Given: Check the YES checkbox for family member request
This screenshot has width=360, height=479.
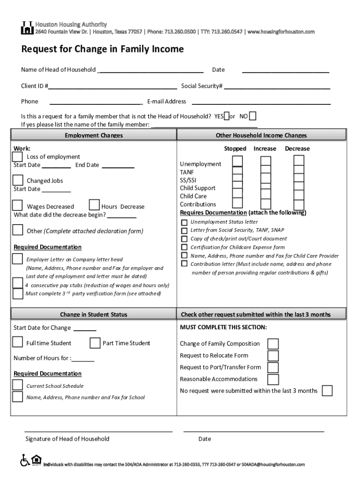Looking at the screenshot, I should point(227,116).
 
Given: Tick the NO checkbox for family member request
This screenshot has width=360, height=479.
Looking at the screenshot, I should point(252,116).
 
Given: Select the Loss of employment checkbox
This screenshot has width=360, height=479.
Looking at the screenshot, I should point(17,156).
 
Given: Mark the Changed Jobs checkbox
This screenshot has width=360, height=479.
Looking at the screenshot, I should point(18,180).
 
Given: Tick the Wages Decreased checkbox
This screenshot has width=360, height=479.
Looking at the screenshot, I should point(17,205).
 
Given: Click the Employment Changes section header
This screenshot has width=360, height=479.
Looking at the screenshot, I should point(94,135).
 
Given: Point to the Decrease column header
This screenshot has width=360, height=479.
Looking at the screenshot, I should point(297,149).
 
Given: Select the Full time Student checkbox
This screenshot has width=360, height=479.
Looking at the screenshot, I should point(17,342).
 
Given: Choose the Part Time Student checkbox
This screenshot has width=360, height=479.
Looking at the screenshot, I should point(94,343).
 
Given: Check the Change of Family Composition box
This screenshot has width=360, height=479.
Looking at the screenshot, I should point(273,344).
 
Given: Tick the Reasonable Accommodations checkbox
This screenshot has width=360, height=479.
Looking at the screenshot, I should point(273,379).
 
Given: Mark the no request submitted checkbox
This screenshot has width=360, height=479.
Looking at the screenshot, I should point(327,391).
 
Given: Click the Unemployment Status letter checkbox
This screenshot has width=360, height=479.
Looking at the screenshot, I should point(184,222).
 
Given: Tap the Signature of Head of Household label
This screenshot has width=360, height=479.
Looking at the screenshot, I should point(67,439).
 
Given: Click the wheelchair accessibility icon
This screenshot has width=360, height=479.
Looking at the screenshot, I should point(24,460).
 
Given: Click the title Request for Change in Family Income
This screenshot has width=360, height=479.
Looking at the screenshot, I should point(102,50).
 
